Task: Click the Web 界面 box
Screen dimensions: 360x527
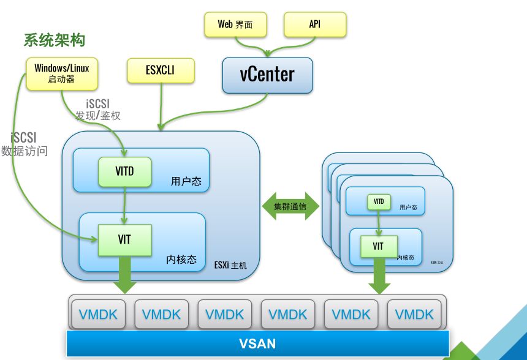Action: coord(235,24)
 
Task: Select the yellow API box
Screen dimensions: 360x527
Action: coord(315,24)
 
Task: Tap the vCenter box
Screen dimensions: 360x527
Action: coord(267,75)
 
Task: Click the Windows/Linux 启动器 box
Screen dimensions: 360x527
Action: coord(61,73)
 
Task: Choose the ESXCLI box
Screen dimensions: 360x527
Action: coord(161,70)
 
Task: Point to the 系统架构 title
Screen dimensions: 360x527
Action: coord(54,40)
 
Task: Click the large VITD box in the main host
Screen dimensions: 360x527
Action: coord(125,172)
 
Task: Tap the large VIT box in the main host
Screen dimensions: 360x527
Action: coord(125,240)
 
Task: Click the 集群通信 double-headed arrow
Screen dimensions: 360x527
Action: coord(290,206)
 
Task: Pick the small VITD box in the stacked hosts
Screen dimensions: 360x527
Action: coord(379,201)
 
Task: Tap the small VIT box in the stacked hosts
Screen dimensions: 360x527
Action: coord(378,246)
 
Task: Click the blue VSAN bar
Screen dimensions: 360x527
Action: coord(257,343)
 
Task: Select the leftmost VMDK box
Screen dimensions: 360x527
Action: coord(98,315)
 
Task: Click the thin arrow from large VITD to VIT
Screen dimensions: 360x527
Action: coord(125,205)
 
